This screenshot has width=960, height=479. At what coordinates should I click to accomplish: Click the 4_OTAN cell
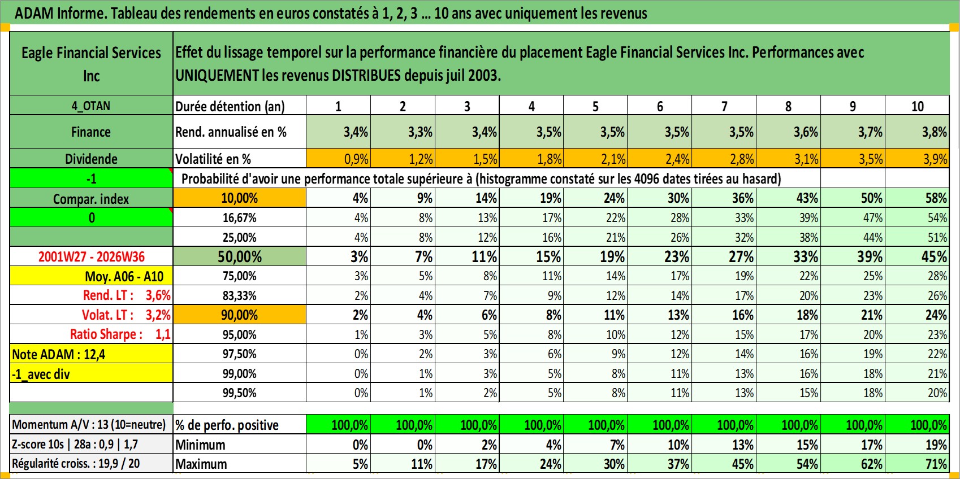coord(91,106)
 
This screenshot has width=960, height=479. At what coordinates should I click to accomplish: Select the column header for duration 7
coord(724,106)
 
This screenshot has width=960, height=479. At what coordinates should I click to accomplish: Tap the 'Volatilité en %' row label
coord(213,159)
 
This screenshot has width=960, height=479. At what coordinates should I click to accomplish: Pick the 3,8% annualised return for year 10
coord(917,132)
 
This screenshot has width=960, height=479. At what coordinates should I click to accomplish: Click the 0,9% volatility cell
coord(338,159)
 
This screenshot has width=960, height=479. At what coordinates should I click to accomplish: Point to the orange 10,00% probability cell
coord(240,198)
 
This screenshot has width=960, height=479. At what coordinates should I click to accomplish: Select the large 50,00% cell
coord(240,256)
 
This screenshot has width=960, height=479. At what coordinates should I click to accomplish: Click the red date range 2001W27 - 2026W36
coord(91,256)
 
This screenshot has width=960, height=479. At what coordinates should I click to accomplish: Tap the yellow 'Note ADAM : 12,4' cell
coord(91,354)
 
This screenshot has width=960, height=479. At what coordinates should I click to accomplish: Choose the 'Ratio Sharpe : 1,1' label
coord(120,334)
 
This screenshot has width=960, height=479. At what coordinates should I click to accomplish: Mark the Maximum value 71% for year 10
coord(917,464)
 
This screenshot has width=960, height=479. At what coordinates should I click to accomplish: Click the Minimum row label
coord(200,445)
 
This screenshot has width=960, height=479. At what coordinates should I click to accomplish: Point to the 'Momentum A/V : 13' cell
coord(89,425)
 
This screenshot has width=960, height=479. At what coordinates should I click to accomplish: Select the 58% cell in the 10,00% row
coord(917,198)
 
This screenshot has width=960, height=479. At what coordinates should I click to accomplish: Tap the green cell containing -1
coord(91,178)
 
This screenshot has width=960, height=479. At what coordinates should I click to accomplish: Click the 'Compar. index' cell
coord(91,199)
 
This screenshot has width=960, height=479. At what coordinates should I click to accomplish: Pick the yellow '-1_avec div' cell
coord(91,374)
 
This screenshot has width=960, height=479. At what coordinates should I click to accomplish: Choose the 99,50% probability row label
coord(240,393)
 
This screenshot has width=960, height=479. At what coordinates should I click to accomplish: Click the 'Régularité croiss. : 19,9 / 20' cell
coord(76,464)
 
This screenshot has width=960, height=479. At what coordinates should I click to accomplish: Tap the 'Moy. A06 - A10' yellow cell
coord(91,276)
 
